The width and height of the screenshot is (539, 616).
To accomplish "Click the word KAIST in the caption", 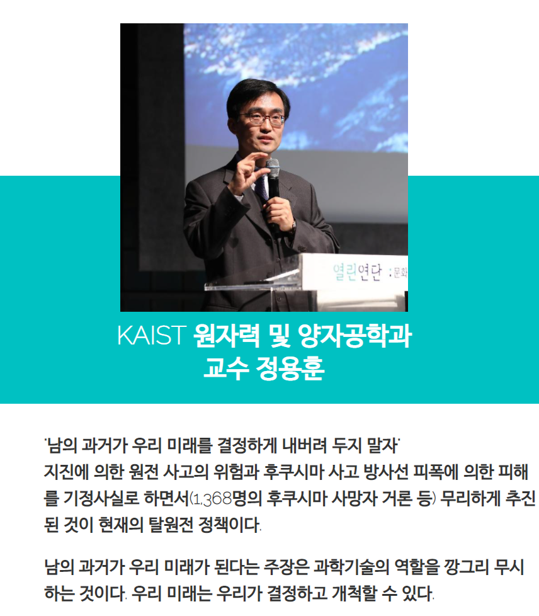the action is click(x=151, y=335).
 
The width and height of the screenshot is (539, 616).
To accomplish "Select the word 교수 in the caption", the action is click(x=226, y=368).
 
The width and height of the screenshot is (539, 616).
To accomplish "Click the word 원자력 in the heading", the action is click(x=226, y=335).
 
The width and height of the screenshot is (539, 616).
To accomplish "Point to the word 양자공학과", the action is click(x=355, y=335).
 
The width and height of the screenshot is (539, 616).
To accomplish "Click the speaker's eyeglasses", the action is click(x=261, y=118).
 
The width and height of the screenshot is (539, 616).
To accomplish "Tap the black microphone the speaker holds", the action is click(x=273, y=193).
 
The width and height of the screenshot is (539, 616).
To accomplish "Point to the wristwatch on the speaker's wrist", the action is click(x=293, y=226).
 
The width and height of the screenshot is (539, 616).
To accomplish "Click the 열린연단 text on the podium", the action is click(x=357, y=271).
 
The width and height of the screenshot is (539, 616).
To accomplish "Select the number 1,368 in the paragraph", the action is click(x=212, y=499).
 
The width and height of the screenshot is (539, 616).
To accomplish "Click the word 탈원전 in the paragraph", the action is click(x=171, y=525).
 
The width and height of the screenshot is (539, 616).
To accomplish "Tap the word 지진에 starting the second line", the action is click(x=66, y=472).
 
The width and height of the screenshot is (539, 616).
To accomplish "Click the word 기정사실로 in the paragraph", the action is click(x=101, y=498).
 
